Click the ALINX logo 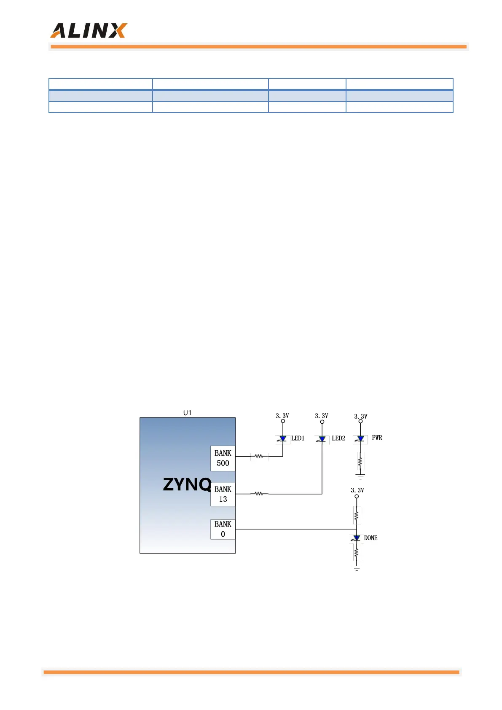pos(89,31)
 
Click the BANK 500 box pos(223,458)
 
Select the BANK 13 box pos(223,494)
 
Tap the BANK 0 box pos(223,529)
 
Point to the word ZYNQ pos(187,484)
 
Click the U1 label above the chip pos(187,413)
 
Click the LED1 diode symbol pos(283,439)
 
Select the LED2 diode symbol pos(322,439)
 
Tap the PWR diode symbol pos(360,439)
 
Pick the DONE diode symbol pos(357,538)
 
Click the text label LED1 pos(298,438)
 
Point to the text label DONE pos(371,538)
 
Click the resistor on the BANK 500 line pos(259,456)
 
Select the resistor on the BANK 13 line pos(259,494)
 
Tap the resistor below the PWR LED pos(360,462)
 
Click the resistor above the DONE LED pos(357,515)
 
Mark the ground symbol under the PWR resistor pos(360,477)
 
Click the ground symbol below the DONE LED pos(357,568)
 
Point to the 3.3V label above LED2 pos(322,416)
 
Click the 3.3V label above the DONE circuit pos(357,490)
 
